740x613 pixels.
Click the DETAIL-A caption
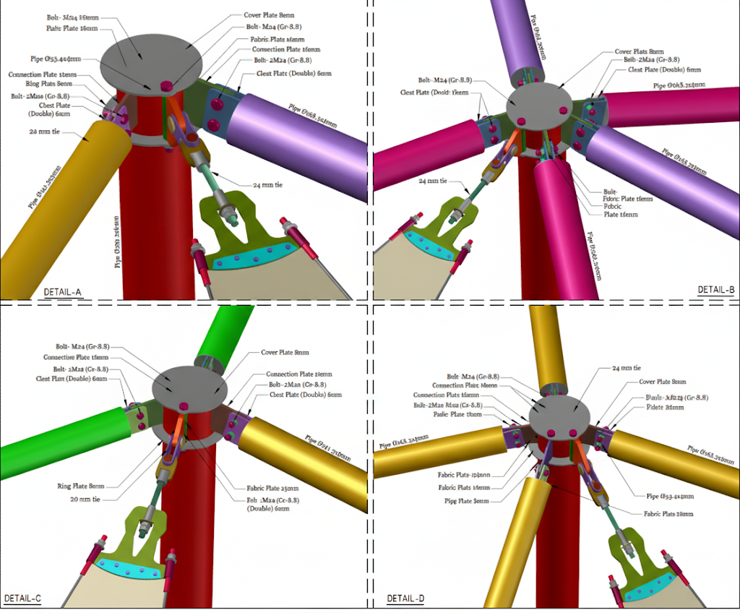[x=63, y=292]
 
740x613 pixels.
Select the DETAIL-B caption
[x=715, y=290]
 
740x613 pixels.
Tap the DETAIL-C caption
[x=22, y=599]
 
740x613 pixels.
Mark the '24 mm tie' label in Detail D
[x=627, y=368]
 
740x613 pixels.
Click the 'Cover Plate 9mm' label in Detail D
[x=662, y=382]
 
